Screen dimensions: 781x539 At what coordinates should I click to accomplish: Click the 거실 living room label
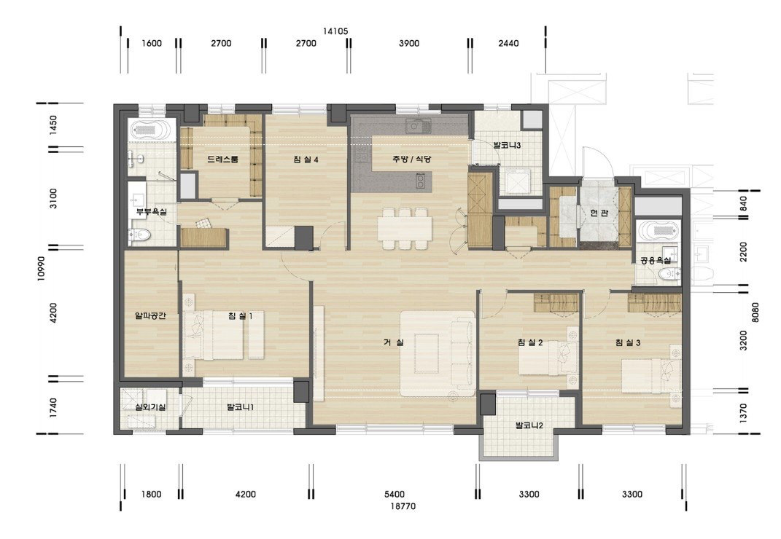(394, 342)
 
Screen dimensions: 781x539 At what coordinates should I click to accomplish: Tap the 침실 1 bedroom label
(241, 315)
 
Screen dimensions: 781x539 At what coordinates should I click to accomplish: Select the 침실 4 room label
(306, 160)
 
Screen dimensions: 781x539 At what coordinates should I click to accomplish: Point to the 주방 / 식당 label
(411, 160)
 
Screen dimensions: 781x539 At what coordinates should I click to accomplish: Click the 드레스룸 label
(222, 160)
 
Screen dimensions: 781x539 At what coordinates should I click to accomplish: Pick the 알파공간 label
(150, 315)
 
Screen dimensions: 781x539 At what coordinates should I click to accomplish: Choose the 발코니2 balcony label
(529, 425)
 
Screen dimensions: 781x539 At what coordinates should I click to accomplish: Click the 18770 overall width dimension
(403, 506)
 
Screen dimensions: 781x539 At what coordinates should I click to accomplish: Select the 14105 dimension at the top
(335, 31)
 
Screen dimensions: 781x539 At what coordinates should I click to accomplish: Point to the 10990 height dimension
(42, 269)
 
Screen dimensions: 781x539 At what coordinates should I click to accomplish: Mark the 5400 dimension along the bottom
(395, 495)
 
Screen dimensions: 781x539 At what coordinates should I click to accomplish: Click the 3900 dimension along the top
(409, 43)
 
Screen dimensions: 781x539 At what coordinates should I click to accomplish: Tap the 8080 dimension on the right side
(755, 312)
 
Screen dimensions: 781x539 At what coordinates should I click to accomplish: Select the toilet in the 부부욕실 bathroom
(139, 235)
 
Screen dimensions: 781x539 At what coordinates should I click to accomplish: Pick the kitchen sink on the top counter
(418, 126)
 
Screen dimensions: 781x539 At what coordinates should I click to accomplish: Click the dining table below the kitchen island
(405, 229)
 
